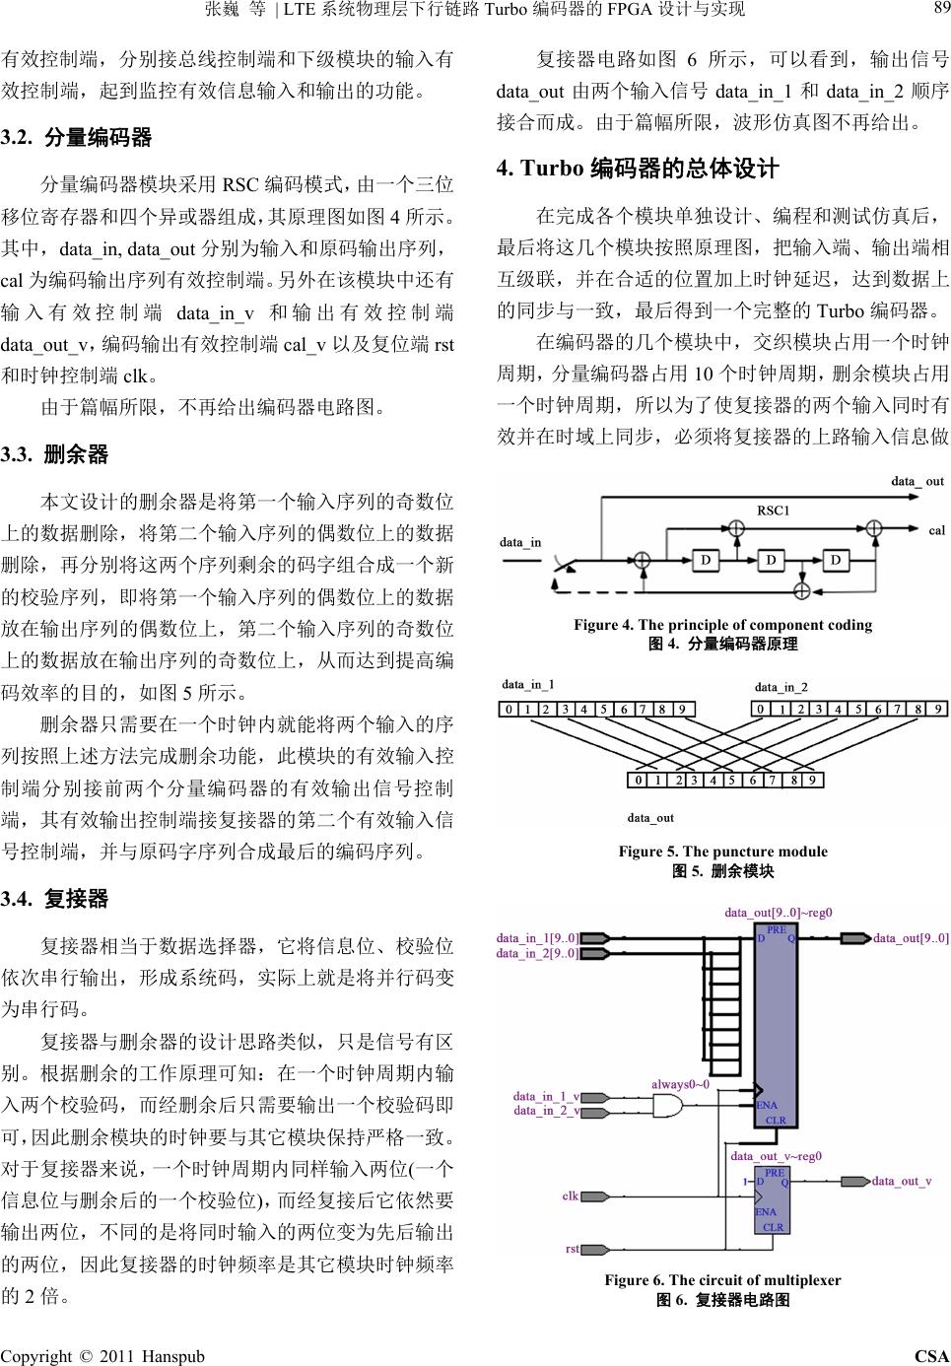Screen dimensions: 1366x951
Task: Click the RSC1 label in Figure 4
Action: click(774, 511)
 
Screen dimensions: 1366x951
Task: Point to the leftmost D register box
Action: click(706, 561)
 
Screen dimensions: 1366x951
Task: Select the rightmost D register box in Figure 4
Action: click(835, 561)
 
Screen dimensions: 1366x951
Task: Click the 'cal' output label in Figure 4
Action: click(936, 530)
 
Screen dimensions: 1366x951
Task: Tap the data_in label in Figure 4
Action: click(520, 542)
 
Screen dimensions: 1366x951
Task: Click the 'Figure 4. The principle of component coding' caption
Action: click(722, 625)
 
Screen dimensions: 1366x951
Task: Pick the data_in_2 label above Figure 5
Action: click(781, 687)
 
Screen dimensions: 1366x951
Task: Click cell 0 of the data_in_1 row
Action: click(509, 709)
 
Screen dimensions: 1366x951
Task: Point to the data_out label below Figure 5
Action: click(650, 818)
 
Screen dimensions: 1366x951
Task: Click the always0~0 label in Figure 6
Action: click(680, 1084)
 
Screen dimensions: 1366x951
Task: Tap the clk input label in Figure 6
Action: click(571, 1195)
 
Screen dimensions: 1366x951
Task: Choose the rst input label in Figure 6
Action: click(573, 1249)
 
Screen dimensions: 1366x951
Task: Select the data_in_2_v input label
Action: click(547, 1111)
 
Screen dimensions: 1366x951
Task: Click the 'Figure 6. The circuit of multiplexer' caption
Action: click(722, 1280)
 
